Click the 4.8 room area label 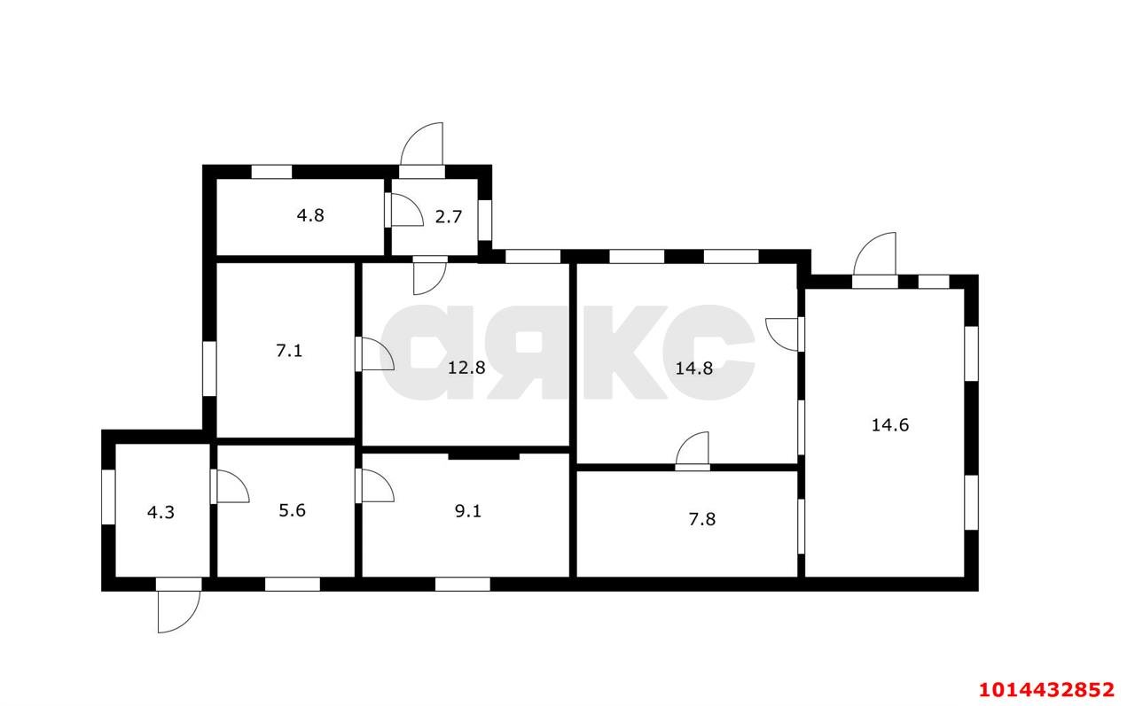(309, 215)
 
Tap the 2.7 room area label (449, 216)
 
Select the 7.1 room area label (289, 351)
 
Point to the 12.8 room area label (467, 367)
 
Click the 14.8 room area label (693, 367)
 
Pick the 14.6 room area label (889, 424)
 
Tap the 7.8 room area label (701, 519)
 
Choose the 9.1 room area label (467, 512)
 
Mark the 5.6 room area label (292, 511)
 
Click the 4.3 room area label (160, 512)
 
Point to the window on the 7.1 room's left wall (209, 369)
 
